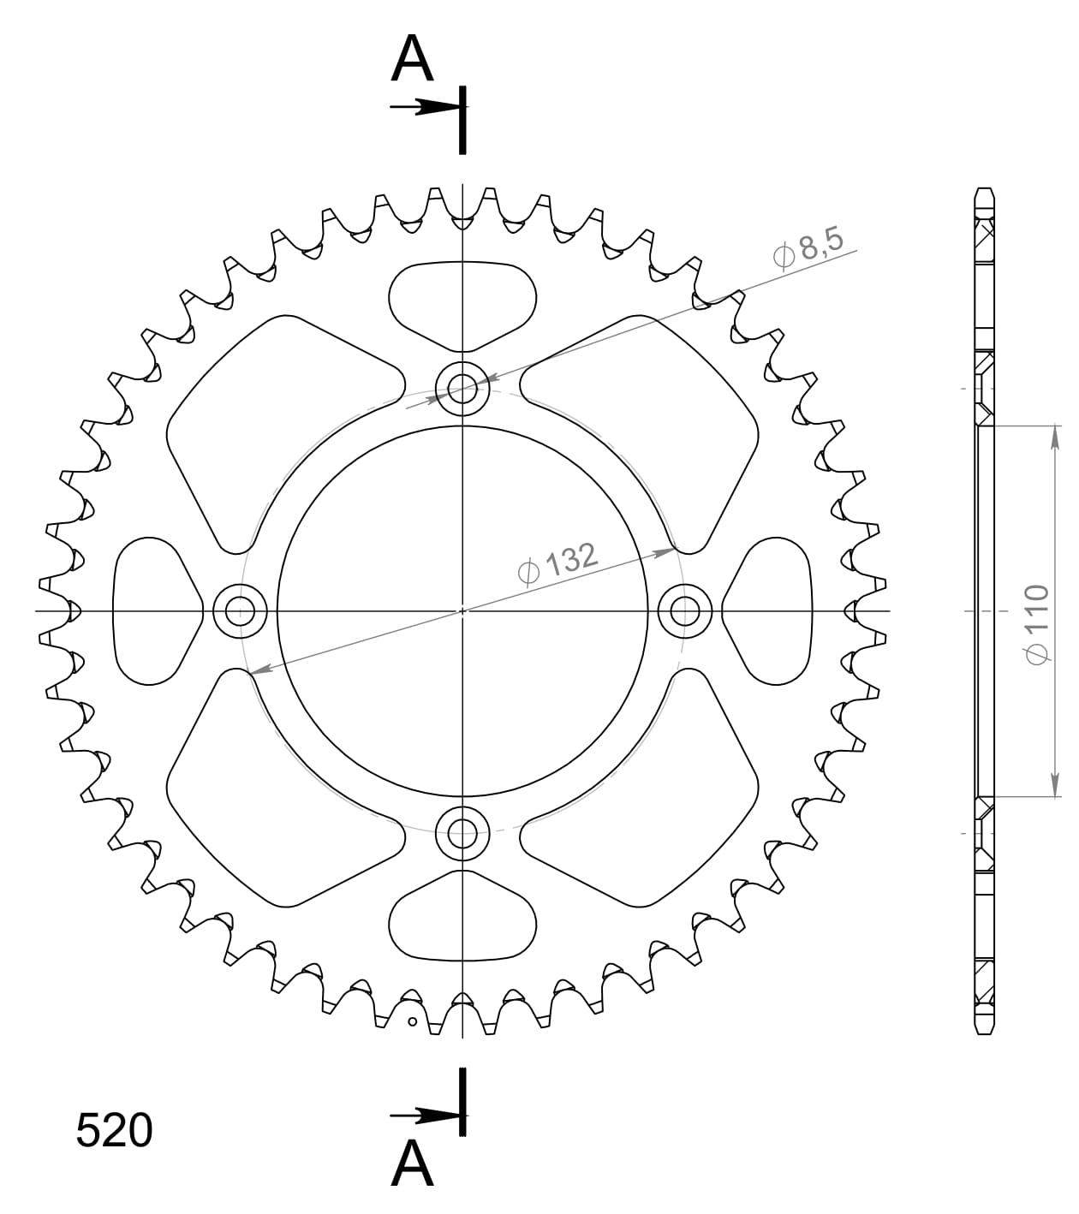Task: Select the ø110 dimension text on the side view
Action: point(1036,624)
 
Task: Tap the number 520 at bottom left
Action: point(114,1131)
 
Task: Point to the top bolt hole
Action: point(462,389)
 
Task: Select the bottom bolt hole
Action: point(462,831)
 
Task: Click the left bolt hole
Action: point(240,611)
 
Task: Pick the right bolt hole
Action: point(684,611)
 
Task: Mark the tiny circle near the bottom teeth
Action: point(412,1021)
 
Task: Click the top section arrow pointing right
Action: point(424,107)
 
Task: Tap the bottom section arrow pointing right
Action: point(424,1116)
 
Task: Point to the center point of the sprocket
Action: point(462,611)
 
